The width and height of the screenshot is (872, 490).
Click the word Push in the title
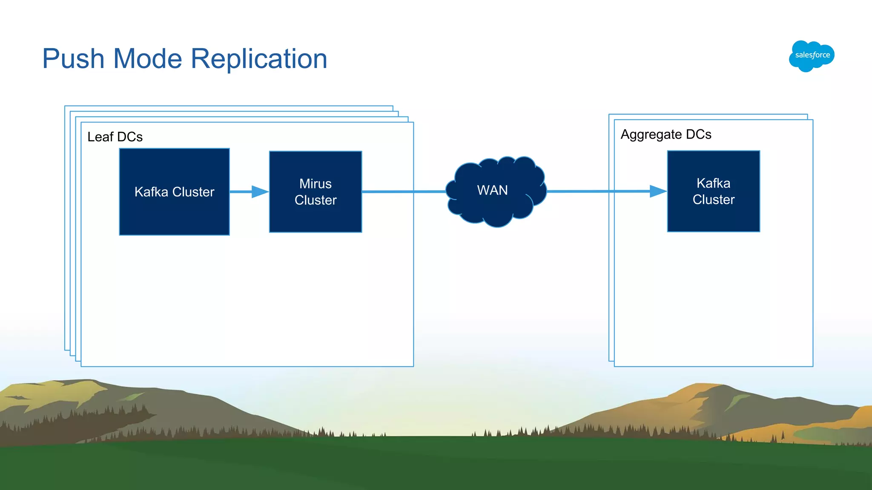click(x=73, y=59)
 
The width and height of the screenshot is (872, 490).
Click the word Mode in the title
click(x=147, y=59)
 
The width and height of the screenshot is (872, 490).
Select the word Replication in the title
click(x=259, y=59)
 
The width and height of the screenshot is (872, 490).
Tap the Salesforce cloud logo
click(x=812, y=56)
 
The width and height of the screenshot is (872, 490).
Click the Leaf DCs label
click(x=115, y=137)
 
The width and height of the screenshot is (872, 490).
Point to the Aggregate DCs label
click(x=666, y=134)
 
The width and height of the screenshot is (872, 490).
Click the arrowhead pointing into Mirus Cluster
click(x=260, y=192)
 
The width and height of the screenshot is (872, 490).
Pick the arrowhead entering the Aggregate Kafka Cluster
click(x=658, y=191)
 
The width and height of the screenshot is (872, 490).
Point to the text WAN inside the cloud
click(x=493, y=190)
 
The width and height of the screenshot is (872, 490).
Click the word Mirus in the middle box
click(x=316, y=184)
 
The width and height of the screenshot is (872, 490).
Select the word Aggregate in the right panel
click(x=651, y=134)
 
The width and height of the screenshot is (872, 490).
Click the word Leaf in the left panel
click(x=100, y=137)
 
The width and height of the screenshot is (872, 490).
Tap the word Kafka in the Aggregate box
click(x=713, y=183)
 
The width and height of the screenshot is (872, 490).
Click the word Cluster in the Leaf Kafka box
click(x=193, y=192)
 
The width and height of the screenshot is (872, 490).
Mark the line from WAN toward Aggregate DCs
click(x=596, y=191)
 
